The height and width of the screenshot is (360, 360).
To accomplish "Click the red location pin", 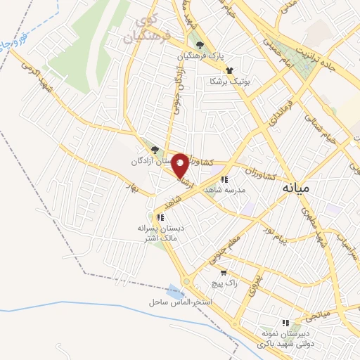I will pos(180,165).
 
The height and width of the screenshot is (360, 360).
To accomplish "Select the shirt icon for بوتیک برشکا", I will pos(229,70).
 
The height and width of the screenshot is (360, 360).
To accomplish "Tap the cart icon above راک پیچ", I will pos(224,273).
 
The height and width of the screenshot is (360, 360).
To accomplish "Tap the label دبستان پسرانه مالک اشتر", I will pos(158,233).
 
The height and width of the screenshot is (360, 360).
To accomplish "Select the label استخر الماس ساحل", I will pos(181,302).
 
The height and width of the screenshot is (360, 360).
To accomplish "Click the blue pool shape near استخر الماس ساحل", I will pos(174,290).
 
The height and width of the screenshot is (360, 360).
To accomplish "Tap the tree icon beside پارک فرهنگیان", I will pos(200,44).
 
